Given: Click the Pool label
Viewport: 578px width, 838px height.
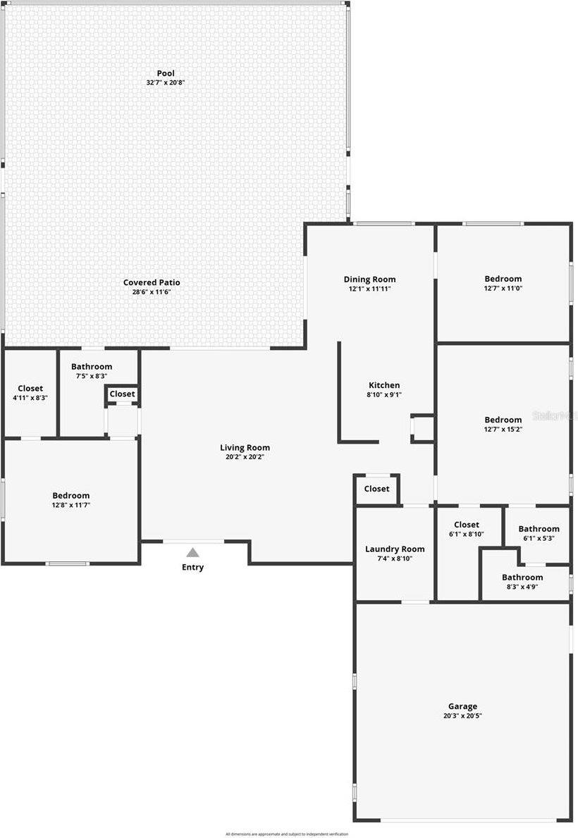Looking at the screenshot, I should coord(166,73).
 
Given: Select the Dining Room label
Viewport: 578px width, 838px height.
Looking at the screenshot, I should coord(369,279).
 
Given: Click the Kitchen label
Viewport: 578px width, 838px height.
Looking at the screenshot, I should coord(384,385).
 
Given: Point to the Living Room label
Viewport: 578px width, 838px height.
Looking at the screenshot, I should coord(245,447).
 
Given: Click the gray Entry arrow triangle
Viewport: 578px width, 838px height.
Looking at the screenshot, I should coord(192,553).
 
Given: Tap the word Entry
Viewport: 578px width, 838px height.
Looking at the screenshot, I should coord(192,568).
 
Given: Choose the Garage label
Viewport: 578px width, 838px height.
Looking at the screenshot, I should coord(462,706).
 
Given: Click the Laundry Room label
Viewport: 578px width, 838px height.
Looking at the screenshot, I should coord(395,549).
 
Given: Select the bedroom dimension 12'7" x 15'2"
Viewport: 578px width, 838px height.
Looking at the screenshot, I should coord(503,430).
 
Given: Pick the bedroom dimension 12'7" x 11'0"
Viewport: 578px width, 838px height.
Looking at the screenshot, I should coord(503,288).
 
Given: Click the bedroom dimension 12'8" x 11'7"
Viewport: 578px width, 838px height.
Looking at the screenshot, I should coord(70,505).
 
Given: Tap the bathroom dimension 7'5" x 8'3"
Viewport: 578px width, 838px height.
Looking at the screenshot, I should coord(91,376).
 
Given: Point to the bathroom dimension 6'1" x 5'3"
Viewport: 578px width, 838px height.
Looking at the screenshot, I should coord(539,538).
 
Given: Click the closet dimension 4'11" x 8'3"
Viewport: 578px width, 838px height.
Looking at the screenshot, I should coord(30,398).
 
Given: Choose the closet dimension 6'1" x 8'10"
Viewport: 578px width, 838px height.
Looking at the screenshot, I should coord(467,534).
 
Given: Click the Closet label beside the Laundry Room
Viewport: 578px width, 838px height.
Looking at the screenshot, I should coord(376,489).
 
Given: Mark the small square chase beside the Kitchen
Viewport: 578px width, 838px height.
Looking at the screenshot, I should coord(422,428).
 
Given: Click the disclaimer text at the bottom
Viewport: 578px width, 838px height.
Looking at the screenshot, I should coord(286,834).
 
